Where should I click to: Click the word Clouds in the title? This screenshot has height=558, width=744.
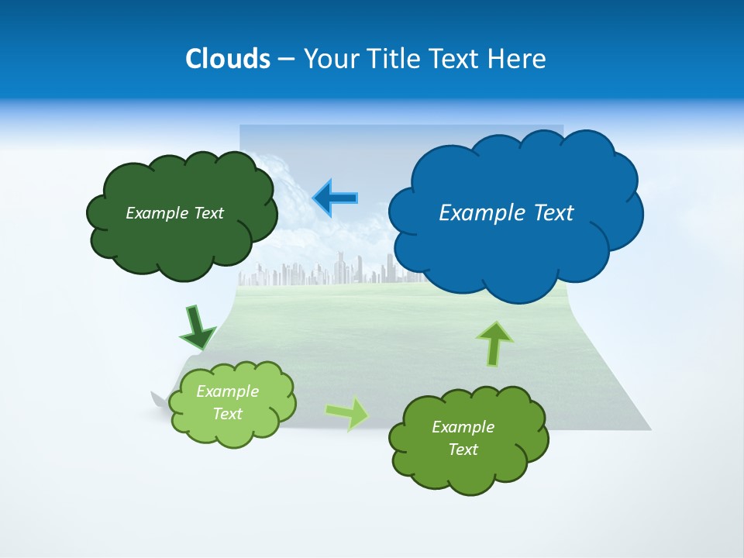(227, 59)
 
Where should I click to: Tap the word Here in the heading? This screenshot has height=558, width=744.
(517, 59)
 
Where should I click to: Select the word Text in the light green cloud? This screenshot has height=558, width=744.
(228, 414)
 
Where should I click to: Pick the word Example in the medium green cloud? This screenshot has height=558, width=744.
(463, 427)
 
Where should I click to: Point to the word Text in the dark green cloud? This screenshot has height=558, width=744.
(208, 213)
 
